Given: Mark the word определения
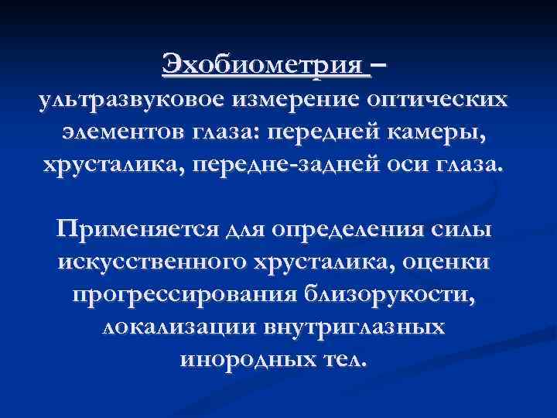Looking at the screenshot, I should [x=353, y=230].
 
